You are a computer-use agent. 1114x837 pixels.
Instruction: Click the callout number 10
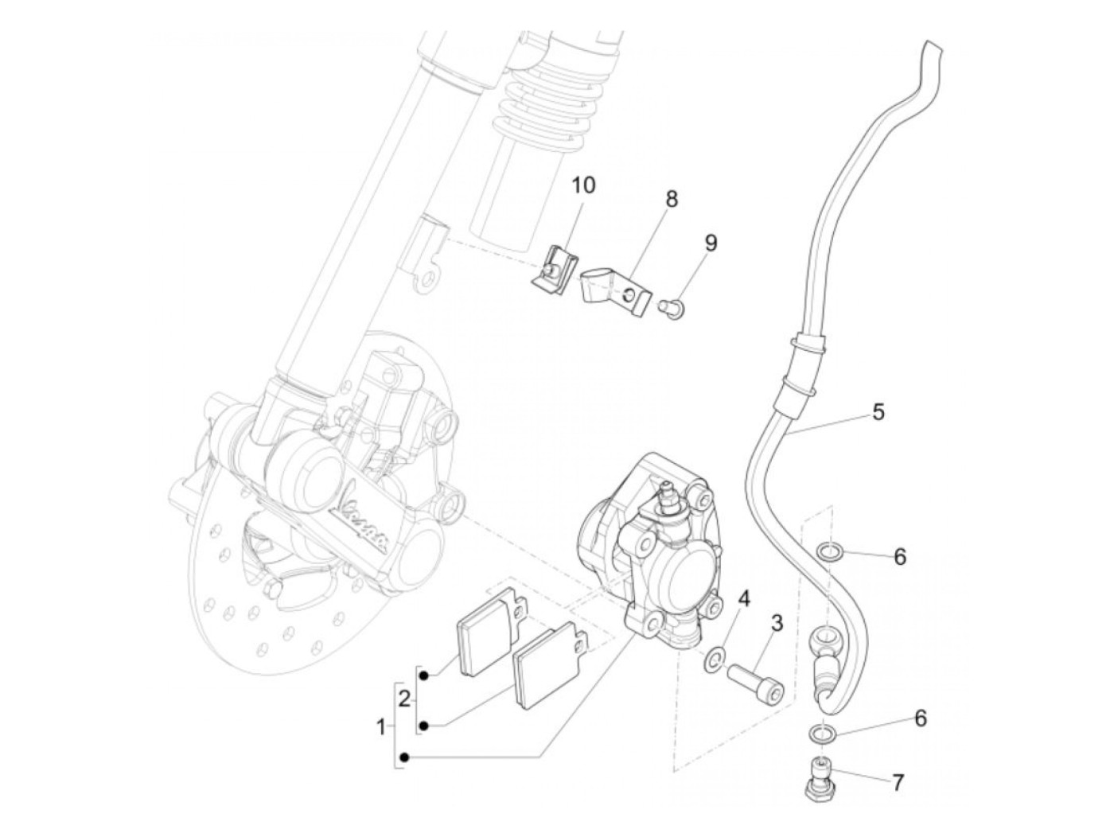coord(582,185)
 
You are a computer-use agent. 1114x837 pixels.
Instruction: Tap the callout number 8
coord(672,199)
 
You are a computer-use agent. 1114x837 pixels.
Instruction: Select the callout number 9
coord(710,243)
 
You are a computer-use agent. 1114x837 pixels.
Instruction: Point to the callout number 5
coord(878,411)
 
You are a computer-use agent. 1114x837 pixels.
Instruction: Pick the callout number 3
coord(776,623)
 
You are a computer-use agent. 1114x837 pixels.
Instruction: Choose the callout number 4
coord(744,598)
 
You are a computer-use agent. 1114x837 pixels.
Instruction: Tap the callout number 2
coord(404,699)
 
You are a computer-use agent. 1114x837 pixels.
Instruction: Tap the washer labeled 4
coord(715,657)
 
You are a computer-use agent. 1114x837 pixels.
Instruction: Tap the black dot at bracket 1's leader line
coord(404,757)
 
